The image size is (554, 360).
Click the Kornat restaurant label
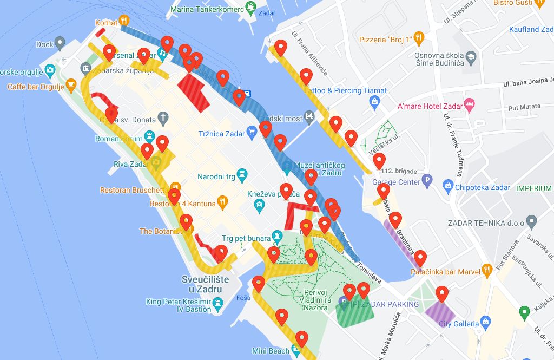click(106, 23)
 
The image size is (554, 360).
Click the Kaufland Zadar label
click(531, 29)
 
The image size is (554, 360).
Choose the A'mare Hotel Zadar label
click(430, 106)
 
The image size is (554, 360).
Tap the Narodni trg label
click(216, 176)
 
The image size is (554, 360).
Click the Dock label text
click(45, 44)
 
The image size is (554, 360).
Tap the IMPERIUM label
click(533, 188)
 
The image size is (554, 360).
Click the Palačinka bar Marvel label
click(445, 272)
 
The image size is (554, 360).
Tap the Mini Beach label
click(271, 351)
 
